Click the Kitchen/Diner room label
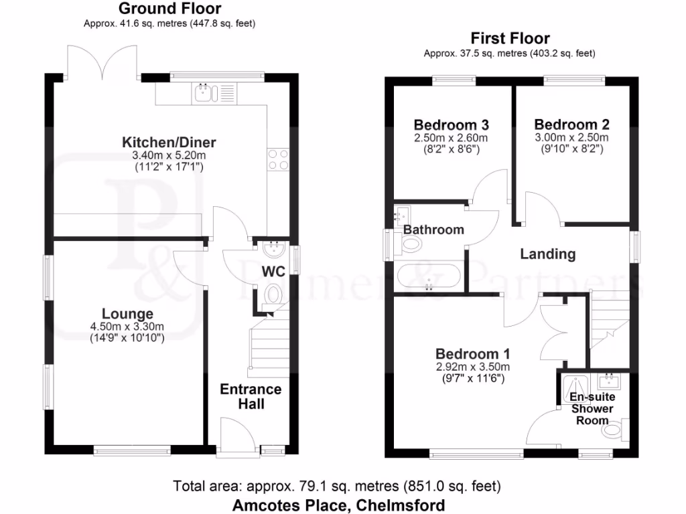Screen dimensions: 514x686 [169, 143]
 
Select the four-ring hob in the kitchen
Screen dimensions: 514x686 [278, 159]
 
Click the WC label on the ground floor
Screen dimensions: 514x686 [272, 272]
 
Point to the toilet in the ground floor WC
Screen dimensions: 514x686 [273, 294]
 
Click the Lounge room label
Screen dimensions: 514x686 [127, 314]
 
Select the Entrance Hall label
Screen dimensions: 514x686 [251, 396]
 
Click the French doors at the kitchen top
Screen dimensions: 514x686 [102, 62]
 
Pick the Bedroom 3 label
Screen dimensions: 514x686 [451, 125]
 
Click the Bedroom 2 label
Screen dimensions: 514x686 [571, 124]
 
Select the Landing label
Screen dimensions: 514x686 [548, 254]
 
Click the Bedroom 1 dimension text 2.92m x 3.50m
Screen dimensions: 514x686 [473, 367]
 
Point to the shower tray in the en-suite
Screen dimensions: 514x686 [575, 385]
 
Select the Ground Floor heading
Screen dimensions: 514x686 [169, 9]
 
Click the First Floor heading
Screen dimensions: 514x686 [510, 39]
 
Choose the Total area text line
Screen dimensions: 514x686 [337, 486]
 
